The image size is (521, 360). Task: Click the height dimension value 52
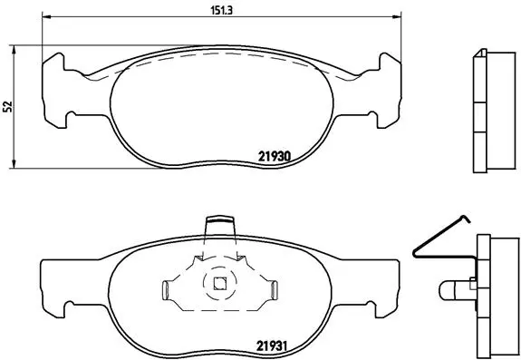(x=7, y=106)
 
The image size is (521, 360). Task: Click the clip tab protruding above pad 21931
(x=220, y=224)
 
